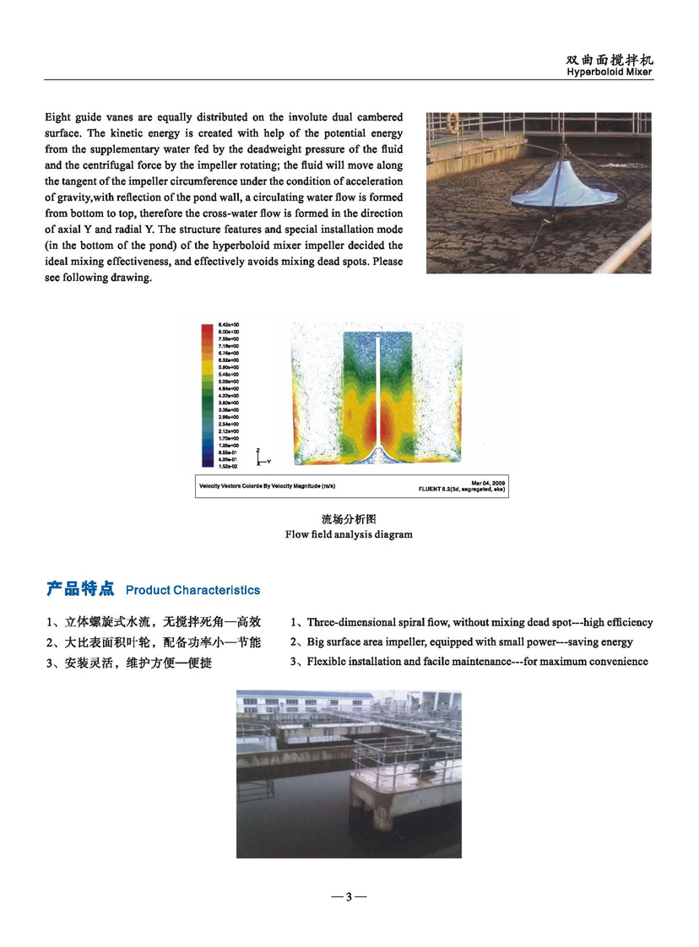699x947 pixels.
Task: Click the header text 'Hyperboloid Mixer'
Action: pyautogui.click(x=610, y=73)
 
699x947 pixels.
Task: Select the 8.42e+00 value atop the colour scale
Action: pyautogui.click(x=229, y=325)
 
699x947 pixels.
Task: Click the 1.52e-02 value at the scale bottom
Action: pyautogui.click(x=229, y=465)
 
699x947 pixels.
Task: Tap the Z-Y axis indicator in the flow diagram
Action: pyautogui.click(x=262, y=457)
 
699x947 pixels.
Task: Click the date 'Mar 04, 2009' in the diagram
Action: pyautogui.click(x=488, y=482)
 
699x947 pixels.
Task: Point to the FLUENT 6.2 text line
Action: pyautogui.click(x=462, y=489)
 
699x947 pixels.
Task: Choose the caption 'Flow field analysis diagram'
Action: pyautogui.click(x=349, y=534)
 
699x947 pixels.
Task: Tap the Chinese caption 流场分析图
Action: pyautogui.click(x=348, y=519)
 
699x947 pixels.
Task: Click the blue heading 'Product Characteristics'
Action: pyautogui.click(x=192, y=590)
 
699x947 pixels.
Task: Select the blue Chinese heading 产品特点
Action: pyautogui.click(x=81, y=589)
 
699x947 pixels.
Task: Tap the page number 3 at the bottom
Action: pyautogui.click(x=349, y=896)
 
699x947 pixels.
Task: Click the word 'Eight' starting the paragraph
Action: pyautogui.click(x=60, y=117)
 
